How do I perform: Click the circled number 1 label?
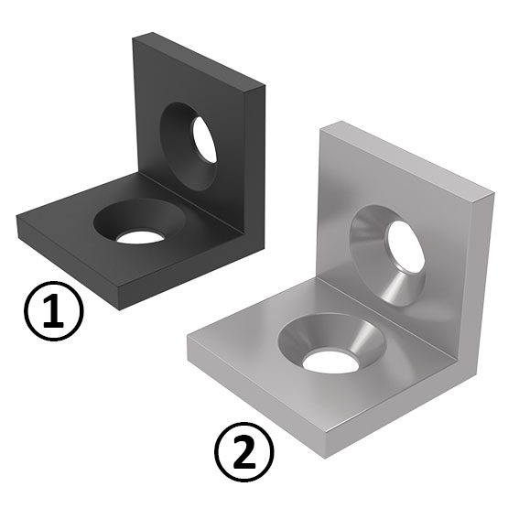[x=52, y=311]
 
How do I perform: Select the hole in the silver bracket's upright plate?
[x=405, y=246]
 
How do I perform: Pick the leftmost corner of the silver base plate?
[x=189, y=339]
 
